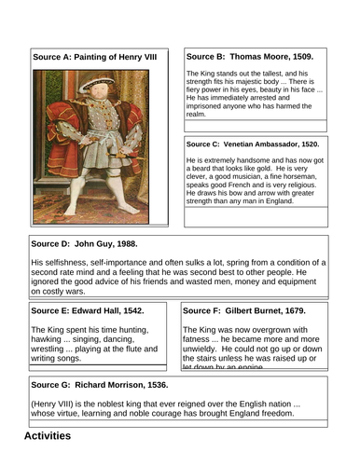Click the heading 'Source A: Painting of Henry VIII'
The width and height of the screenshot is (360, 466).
(94, 58)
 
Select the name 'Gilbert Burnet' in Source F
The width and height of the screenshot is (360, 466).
(262, 310)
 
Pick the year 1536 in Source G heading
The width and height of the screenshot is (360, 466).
(166, 384)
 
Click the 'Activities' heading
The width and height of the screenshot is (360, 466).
(47, 434)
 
